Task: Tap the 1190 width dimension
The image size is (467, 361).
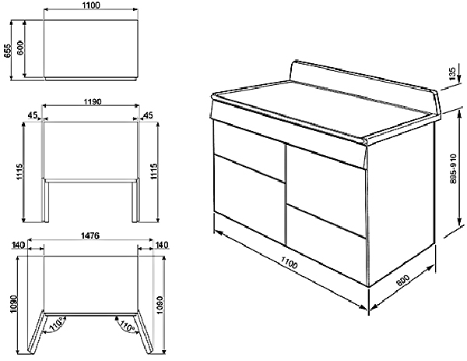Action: pos(93,101)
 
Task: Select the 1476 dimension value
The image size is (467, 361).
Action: pos(90,235)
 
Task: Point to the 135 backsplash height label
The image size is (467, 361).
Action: pos(452,73)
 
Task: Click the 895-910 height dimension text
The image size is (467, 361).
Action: pos(454,169)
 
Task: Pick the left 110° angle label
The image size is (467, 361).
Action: pos(56,324)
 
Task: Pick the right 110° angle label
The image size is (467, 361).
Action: pos(127,325)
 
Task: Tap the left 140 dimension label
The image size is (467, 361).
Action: pos(18,245)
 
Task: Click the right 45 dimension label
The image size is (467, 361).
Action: pos(149,115)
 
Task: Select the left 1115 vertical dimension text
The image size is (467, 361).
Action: pos(19,172)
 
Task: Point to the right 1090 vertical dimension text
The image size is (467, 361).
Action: pos(160,305)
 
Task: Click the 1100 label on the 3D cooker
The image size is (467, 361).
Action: pos(289,263)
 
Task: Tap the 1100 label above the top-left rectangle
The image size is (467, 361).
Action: pos(90,5)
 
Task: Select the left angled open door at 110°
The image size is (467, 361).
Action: pos(37,332)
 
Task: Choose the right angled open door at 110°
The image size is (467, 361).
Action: pos(145,332)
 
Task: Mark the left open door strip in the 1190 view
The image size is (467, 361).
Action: pos(45,200)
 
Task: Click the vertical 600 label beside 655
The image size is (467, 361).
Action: pos(19,48)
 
